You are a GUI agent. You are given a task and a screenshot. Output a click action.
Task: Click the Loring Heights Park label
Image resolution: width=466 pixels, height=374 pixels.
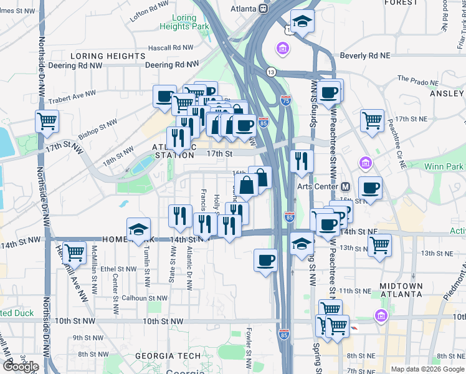(184, 22)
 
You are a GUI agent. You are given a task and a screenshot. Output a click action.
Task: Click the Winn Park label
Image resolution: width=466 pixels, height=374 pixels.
(443, 166)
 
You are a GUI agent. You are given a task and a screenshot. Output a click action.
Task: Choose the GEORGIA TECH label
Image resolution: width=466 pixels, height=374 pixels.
(168, 356)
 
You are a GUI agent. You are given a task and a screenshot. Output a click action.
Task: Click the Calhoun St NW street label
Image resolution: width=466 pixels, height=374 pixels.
(145, 299)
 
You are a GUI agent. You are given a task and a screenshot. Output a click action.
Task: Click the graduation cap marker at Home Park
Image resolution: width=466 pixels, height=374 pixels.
(138, 229)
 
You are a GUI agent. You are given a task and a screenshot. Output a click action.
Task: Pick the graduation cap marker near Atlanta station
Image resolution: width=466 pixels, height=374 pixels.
(302, 21)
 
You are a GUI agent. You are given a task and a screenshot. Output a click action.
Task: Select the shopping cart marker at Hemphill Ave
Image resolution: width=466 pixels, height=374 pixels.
(74, 252)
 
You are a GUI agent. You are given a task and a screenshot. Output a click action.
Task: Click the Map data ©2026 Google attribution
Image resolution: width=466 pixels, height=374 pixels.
(427, 369)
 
